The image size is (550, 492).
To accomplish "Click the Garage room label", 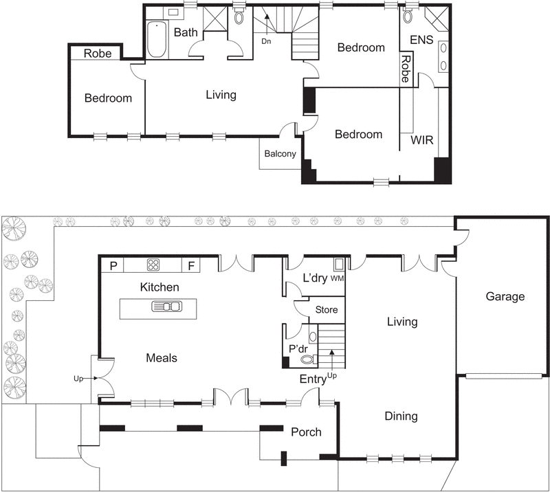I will tap(505, 297).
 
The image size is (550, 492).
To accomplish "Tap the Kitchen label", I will tap(159, 287).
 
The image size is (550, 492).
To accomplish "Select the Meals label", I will tap(162, 358).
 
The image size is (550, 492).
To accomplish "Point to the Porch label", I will tap(306, 432).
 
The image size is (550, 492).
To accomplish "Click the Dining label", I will tap(401, 416).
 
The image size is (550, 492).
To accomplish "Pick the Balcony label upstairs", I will tap(280, 154).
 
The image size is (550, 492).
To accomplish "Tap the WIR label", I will tap(421, 139).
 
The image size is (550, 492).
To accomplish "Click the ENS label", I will tap(421, 40).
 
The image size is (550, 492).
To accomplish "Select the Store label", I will tap(326, 310).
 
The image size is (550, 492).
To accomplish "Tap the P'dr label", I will tap(297, 348).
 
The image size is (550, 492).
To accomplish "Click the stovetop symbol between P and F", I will tap(153, 265).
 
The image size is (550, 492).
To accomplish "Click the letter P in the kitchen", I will tap(113, 265).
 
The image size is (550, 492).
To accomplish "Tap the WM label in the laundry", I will tap(337, 279).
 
